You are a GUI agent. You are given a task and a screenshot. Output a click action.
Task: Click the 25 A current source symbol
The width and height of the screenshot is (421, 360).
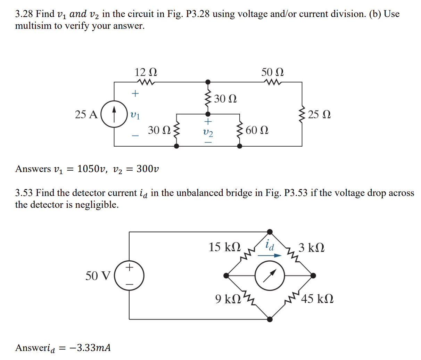point(114,114)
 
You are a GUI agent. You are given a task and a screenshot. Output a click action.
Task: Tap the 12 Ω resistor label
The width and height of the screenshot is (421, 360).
point(146,72)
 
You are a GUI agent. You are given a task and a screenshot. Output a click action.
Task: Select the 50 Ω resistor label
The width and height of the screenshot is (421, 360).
point(272,72)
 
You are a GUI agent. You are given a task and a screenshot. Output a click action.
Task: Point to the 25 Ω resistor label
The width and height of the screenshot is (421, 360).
point(319,114)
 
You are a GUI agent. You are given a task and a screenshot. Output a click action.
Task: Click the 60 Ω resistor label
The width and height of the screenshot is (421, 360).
point(257,130)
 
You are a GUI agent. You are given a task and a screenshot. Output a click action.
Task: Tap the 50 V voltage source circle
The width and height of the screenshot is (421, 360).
point(129,276)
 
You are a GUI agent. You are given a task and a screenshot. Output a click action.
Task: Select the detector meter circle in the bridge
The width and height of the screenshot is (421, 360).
point(270,276)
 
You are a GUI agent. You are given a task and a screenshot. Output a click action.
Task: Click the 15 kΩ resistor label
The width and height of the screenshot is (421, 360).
point(224,247)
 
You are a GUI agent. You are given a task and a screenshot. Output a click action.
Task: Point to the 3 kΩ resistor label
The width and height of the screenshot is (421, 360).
point(312,248)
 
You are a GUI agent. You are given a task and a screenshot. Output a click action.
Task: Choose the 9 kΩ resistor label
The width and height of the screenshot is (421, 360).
point(228,299)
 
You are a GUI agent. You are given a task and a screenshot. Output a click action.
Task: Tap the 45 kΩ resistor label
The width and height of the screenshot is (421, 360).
point(317,299)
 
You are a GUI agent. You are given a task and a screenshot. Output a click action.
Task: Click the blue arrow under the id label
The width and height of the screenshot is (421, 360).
point(270,255)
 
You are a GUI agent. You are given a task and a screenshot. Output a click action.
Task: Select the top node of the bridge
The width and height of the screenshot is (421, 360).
point(270,232)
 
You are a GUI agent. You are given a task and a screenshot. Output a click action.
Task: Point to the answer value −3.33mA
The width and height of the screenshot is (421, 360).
point(90,347)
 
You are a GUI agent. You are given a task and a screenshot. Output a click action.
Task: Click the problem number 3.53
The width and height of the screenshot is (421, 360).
point(24,193)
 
